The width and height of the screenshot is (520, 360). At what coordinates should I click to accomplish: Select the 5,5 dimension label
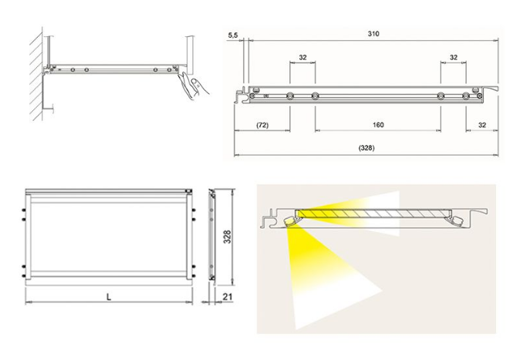click(x=233, y=35)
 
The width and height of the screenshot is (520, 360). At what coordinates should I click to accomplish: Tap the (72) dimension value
click(x=262, y=124)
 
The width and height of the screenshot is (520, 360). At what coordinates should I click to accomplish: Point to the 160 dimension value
click(x=377, y=124)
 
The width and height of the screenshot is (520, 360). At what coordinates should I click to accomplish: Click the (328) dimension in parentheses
click(x=367, y=147)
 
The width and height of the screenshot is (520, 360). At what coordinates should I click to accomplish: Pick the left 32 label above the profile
click(x=302, y=57)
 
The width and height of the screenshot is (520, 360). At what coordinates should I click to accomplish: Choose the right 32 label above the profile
click(x=453, y=57)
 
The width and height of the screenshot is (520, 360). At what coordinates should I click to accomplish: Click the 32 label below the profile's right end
click(x=482, y=124)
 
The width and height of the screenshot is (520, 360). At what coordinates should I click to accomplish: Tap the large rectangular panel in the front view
click(x=106, y=235)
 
